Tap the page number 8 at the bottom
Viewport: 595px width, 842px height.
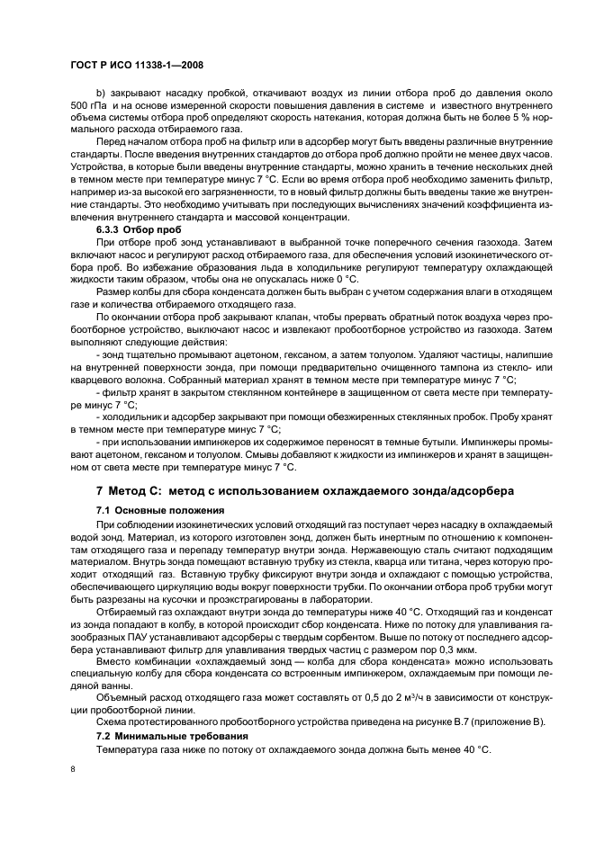pos(73,767)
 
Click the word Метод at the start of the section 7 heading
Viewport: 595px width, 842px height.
pos(134,491)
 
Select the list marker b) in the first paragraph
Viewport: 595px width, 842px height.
pos(101,93)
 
